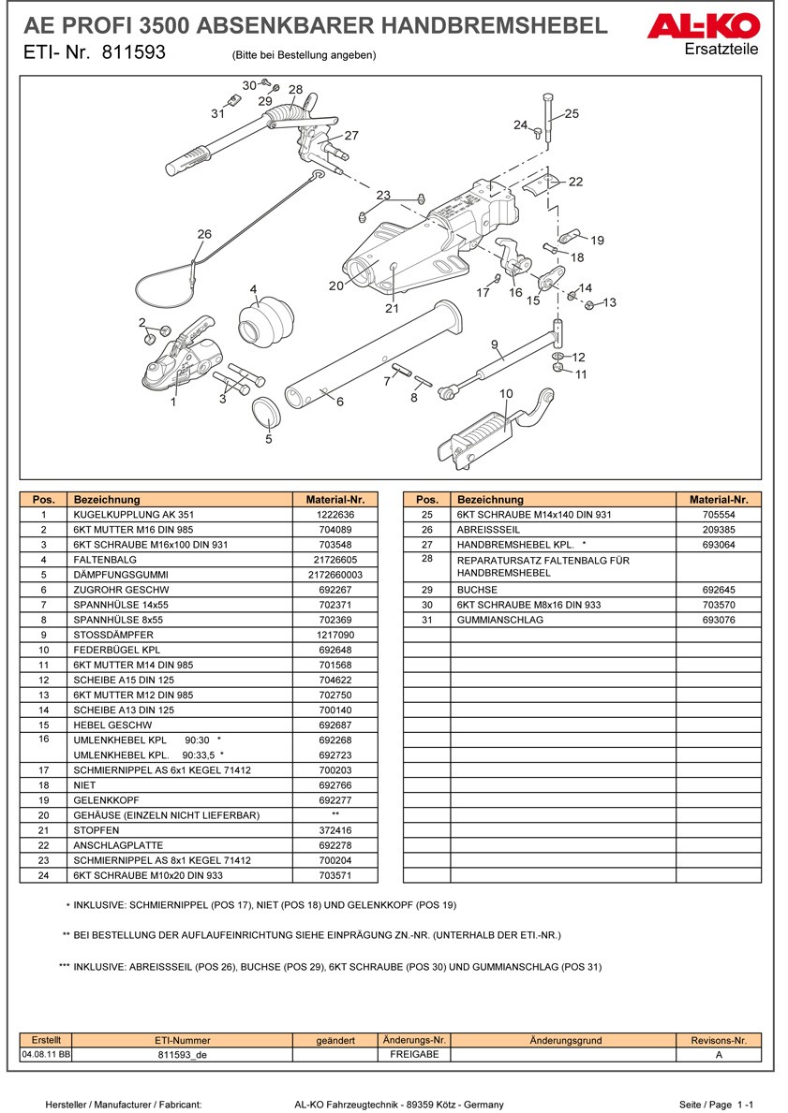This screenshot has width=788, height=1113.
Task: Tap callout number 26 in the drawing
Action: [204, 234]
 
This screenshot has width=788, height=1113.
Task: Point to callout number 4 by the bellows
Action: [253, 289]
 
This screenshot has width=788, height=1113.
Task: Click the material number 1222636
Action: [335, 515]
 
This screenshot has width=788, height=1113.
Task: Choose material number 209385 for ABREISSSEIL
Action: [719, 530]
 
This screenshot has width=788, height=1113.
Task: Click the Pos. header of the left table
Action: [43, 500]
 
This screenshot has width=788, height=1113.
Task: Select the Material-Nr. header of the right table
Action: [719, 500]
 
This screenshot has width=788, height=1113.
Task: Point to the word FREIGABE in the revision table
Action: [414, 1054]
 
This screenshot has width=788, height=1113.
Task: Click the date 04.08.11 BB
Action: [46, 1054]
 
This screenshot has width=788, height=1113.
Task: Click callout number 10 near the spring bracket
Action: [506, 394]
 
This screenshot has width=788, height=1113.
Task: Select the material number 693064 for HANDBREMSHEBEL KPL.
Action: [719, 545]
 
